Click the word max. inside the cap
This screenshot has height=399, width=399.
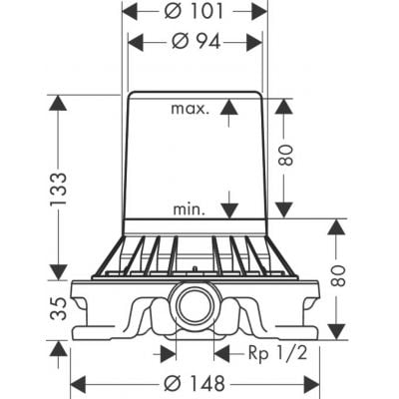189,108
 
